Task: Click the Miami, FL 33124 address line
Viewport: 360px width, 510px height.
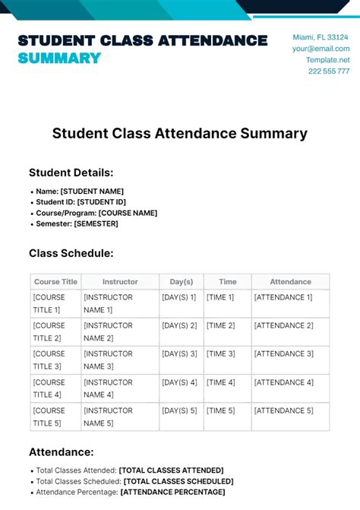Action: tap(321, 37)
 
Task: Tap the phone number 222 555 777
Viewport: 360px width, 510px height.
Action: tap(329, 71)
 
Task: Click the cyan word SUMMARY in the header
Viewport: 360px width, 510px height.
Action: tap(59, 58)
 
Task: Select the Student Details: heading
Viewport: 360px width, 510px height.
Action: tap(71, 173)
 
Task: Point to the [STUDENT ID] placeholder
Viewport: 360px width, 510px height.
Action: tap(101, 202)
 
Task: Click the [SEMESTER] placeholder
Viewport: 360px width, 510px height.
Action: tap(96, 223)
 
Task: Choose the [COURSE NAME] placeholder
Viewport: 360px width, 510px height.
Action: tap(128, 213)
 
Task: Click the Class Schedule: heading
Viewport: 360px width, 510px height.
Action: tap(71, 253)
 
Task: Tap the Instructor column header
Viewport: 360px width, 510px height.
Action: tap(120, 281)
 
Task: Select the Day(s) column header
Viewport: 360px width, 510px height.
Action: tap(181, 281)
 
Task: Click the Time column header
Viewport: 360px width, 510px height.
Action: tap(227, 281)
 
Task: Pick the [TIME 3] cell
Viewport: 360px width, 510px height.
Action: tap(220, 353)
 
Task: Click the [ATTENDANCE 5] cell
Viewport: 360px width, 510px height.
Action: tap(283, 410)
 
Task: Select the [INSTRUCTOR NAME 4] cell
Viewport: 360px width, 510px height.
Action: tap(109, 388)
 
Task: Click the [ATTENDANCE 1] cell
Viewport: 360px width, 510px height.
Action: tap(283, 297)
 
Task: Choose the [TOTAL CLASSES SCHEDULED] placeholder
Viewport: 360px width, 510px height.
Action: tap(178, 481)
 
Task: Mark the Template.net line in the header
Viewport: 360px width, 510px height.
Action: tap(328, 60)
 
